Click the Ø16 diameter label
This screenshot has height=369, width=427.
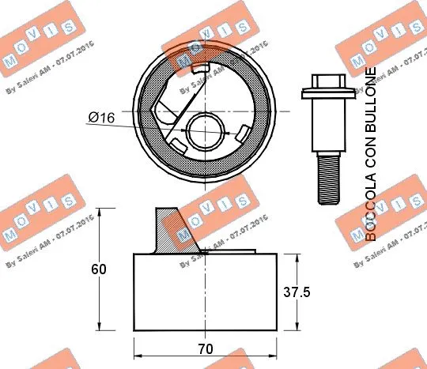(x=101, y=117)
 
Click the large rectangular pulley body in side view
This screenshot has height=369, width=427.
(x=206, y=292)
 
